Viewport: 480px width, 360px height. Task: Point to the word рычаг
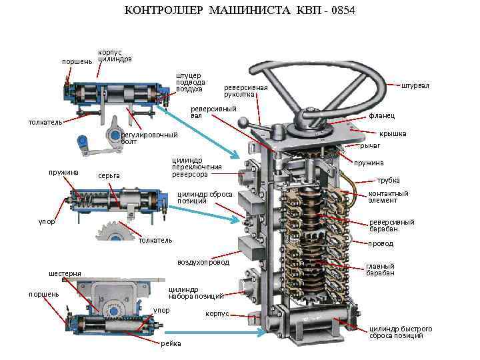pos(370,145)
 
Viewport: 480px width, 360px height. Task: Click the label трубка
pos(389,180)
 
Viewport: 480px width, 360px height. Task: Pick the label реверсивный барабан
pos(391,225)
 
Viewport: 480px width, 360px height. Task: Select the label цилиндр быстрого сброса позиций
pos(401,332)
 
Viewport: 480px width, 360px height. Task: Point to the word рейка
pos(170,343)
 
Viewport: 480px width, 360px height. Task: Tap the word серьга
pos(108,176)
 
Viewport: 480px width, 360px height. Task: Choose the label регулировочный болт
pos(149,138)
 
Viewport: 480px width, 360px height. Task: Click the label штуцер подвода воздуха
pos(190,81)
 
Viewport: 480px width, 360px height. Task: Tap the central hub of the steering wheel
pos(308,115)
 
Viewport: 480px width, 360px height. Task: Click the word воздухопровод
pos(203,262)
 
